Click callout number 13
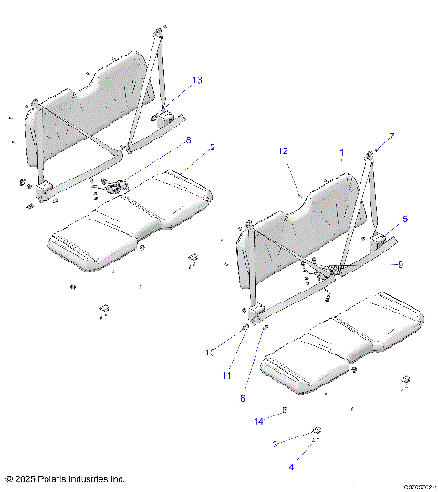[197, 80]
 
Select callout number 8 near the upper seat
[188, 139]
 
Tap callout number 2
[213, 147]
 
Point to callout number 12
[284, 149]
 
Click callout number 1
[342, 153]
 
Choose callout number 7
[391, 136]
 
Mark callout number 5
[404, 220]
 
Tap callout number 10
[209, 352]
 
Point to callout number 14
[258, 421]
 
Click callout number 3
[276, 444]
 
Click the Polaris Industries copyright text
[65, 478]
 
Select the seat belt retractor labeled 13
[167, 117]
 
